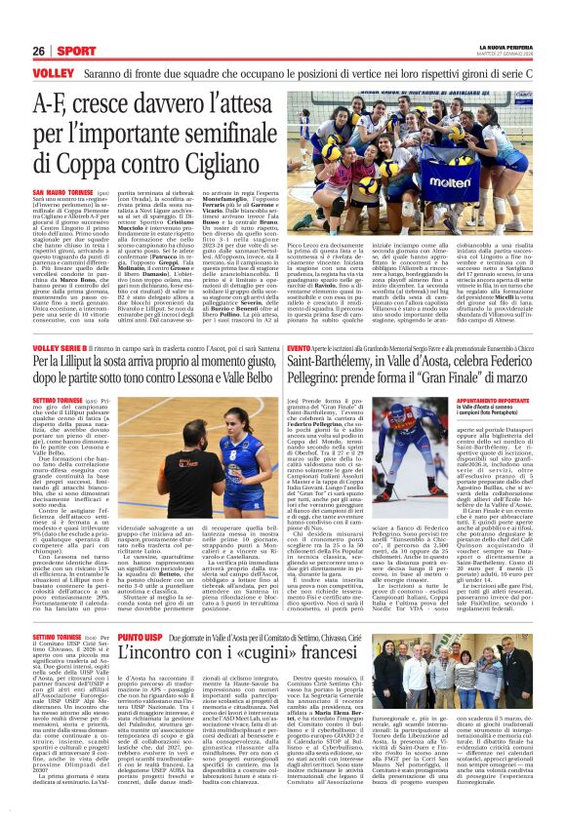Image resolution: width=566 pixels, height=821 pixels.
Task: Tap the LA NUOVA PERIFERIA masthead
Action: (508, 46)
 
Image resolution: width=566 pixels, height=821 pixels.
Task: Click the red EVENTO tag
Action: (301, 348)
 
